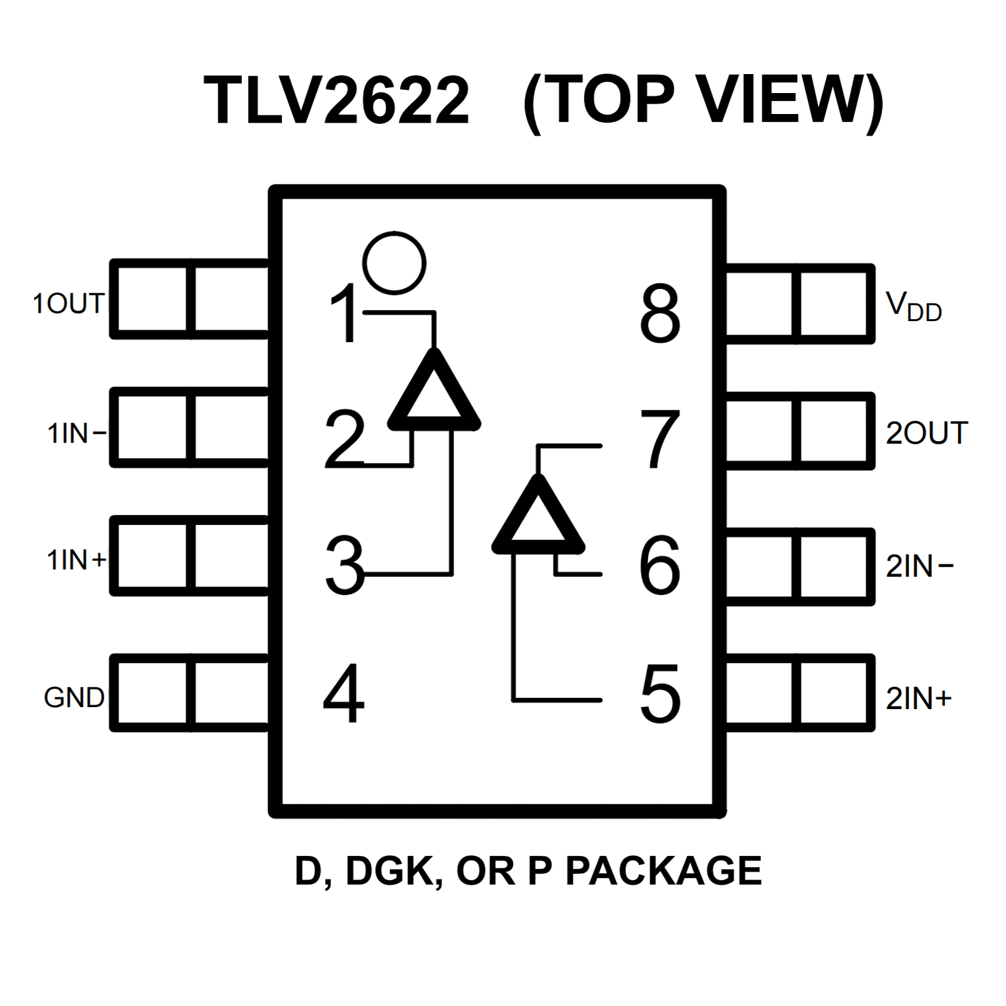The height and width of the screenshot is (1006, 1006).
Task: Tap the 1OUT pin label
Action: point(69,303)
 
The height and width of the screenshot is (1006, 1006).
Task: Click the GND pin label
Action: point(74,697)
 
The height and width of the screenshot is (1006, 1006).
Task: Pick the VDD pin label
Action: point(914,307)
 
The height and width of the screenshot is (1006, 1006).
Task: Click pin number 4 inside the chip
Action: point(343,693)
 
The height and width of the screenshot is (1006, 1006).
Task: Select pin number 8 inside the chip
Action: point(660,313)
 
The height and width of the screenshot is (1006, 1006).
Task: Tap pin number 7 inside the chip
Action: point(660,439)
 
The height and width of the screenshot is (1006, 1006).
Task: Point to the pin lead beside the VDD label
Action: point(799,304)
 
